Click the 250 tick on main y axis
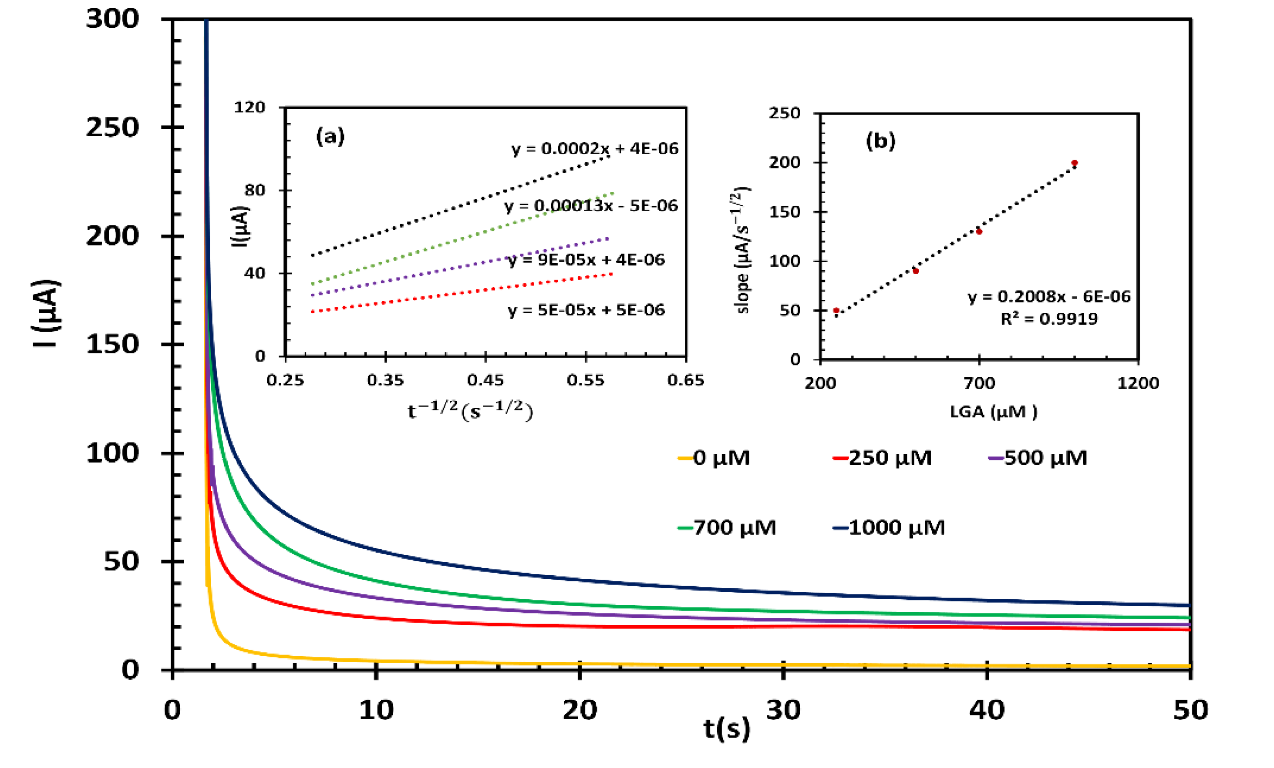click(112, 127)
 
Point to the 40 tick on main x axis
click(987, 710)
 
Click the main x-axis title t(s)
click(726, 729)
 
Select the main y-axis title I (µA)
click(47, 313)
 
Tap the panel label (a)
click(330, 137)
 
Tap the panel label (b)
click(880, 141)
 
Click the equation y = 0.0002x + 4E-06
click(595, 149)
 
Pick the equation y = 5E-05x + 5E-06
click(586, 310)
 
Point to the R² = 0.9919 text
click(1048, 319)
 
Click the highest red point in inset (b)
click(1075, 163)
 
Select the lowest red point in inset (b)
click(836, 311)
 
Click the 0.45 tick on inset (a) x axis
click(485, 381)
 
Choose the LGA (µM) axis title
click(993, 412)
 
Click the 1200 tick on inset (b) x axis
click(1137, 383)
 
